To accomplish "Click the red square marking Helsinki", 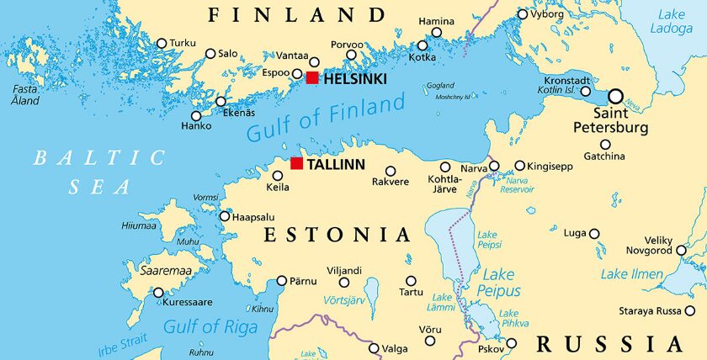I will (312, 78).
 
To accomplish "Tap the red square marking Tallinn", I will (296, 163).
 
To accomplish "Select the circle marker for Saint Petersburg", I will (616, 96).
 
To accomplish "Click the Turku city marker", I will (162, 43).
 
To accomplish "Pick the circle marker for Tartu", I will (411, 281).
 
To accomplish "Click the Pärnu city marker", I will (282, 280).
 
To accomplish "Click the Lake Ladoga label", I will (671, 21).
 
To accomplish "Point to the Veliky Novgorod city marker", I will (681, 250).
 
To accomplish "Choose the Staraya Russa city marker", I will (690, 310).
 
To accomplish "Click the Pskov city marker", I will (511, 343).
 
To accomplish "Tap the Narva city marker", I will (494, 166).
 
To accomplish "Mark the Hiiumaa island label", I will (140, 225).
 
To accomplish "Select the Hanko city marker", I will (196, 116).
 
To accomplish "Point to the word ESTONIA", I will (337, 235).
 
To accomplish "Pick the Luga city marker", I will (594, 234).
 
